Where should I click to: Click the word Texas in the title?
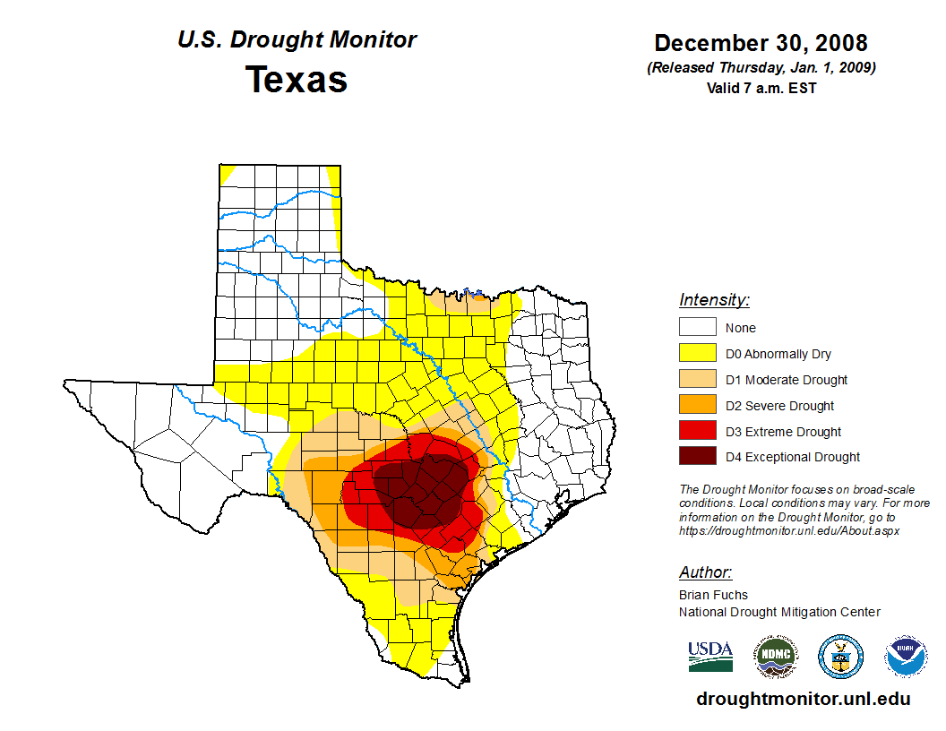click(297, 80)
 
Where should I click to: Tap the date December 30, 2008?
click(761, 43)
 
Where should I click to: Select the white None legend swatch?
click(697, 328)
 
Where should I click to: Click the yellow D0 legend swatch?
click(697, 354)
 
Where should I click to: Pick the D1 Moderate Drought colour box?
click(697, 380)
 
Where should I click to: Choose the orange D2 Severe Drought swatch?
click(697, 406)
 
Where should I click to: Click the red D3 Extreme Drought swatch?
click(697, 432)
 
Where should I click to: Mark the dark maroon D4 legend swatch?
click(697, 457)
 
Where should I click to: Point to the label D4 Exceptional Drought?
click(793, 457)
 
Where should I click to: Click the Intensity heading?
click(714, 300)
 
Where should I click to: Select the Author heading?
click(705, 572)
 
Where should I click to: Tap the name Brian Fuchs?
click(713, 595)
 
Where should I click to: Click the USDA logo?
click(710, 657)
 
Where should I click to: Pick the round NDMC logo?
click(775, 657)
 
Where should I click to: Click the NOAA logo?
click(906, 657)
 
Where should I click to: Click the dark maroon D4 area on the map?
click(421, 488)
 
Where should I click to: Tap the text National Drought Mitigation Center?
click(779, 612)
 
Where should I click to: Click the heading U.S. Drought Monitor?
click(297, 40)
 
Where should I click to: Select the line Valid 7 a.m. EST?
click(761, 88)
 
